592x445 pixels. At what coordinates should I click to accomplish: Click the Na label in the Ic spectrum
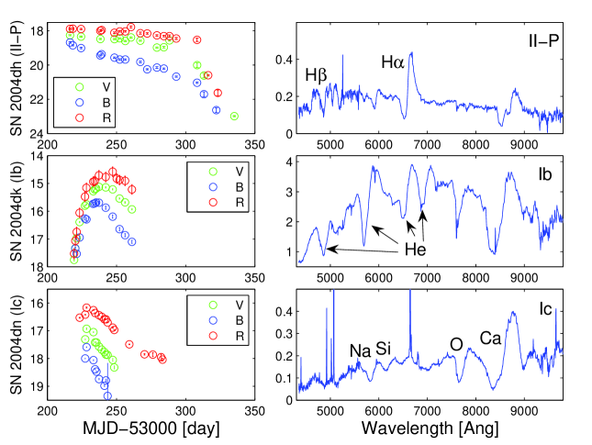tap(360, 350)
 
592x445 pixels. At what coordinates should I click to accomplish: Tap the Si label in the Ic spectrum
tap(385, 350)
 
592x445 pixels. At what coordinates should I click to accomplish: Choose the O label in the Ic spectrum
tap(455, 344)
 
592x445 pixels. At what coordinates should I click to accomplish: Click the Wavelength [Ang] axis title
tap(427, 428)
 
